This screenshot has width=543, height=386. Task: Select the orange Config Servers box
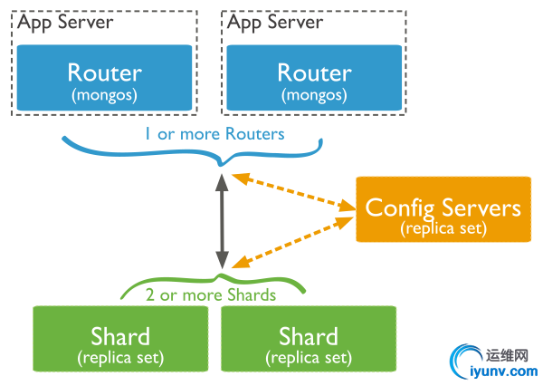pos(443,209)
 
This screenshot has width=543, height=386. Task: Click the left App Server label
pos(64,21)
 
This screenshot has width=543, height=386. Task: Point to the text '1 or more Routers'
pos(214,134)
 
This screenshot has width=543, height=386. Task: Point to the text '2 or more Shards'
pos(211,294)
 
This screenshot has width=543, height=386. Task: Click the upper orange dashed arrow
pos(292,193)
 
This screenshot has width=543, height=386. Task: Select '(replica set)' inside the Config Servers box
pos(443,227)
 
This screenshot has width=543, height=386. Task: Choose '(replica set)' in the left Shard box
pos(120,358)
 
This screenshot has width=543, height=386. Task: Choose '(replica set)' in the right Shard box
pos(309,358)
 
